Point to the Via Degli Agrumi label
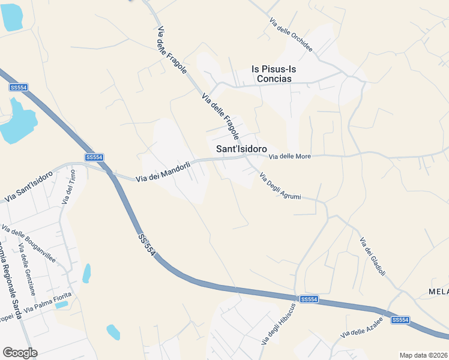280,186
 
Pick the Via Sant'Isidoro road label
29,186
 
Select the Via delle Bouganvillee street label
29,244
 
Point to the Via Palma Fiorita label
47,303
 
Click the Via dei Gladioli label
372,257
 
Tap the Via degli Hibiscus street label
279,324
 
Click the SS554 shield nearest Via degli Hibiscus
309,299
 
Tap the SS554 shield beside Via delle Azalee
400,320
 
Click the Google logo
20,353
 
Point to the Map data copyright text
424,355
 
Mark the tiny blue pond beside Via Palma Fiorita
61,305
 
